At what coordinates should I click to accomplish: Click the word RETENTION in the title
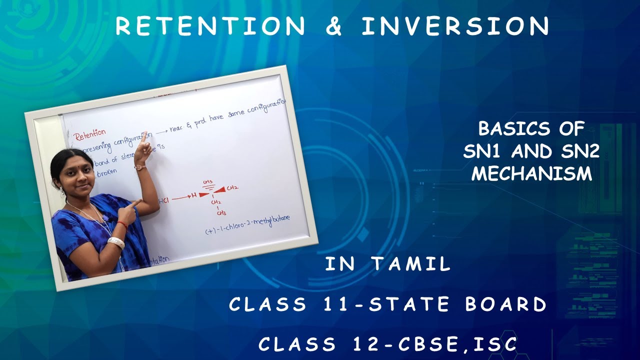point(210,26)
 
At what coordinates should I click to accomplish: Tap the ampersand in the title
point(333,26)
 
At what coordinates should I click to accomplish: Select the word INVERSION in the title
point(455,26)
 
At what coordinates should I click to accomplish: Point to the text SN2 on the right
point(580,151)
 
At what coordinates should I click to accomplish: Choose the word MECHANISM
point(531,173)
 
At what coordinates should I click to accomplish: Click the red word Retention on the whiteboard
point(90,134)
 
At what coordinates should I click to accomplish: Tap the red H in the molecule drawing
point(193,195)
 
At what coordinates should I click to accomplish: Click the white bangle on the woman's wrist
point(116,242)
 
